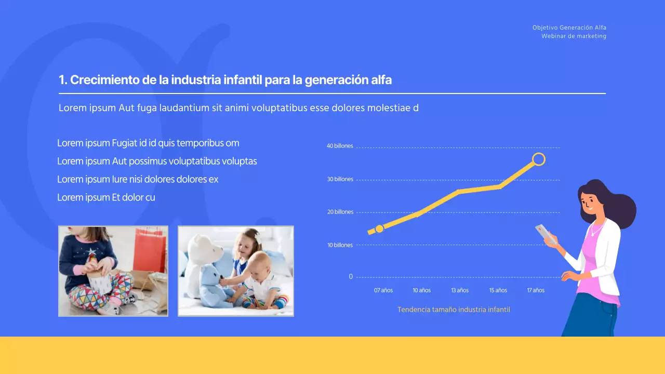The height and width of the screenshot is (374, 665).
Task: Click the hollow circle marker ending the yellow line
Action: pyautogui.click(x=539, y=159)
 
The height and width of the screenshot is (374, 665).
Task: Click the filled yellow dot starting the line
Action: pyautogui.click(x=379, y=229)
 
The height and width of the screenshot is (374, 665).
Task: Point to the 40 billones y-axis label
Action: pyautogui.click(x=340, y=146)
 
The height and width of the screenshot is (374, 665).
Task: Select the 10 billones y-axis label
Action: pyautogui.click(x=340, y=245)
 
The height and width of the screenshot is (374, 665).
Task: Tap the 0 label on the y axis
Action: pyautogui.click(x=351, y=277)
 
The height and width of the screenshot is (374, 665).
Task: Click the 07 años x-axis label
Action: pyautogui.click(x=383, y=290)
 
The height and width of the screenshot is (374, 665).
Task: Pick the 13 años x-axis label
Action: pyautogui.click(x=460, y=290)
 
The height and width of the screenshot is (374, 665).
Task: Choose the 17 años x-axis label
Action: pyautogui.click(x=536, y=290)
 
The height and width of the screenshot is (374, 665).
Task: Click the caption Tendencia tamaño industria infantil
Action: pyautogui.click(x=454, y=310)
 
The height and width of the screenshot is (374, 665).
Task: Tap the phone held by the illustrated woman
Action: pyautogui.click(x=545, y=234)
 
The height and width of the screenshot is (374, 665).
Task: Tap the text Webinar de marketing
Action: pyautogui.click(x=574, y=36)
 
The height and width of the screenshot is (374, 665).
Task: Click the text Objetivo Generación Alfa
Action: pyautogui.click(x=569, y=28)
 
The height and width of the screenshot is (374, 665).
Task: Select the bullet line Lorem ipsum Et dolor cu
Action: pyautogui.click(x=106, y=197)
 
